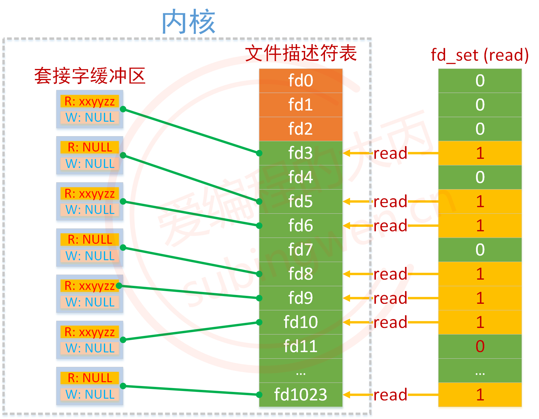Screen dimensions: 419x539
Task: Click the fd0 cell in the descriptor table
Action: point(301,81)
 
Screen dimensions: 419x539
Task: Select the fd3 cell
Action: point(301,153)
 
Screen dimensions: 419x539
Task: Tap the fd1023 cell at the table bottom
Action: point(301,395)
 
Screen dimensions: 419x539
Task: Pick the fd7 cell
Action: point(301,250)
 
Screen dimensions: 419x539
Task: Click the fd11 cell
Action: point(301,346)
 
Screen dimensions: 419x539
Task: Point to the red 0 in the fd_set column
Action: point(480,346)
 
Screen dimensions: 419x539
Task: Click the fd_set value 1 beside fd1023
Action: point(480,395)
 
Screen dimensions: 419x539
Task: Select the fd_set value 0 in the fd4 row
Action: point(480,177)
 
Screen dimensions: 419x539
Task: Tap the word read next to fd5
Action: point(390,202)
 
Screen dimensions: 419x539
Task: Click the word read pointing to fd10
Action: point(390,322)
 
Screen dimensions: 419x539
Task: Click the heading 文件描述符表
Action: point(301,54)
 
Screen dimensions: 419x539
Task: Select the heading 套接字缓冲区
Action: point(90,76)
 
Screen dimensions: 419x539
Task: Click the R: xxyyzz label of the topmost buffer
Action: point(89,101)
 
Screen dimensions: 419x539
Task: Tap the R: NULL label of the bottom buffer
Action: point(89,378)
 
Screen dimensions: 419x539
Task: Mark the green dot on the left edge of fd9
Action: point(259,298)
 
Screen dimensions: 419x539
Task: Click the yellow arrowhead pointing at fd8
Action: point(347,274)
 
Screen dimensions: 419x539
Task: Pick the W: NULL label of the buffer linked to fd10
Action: point(89,348)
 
